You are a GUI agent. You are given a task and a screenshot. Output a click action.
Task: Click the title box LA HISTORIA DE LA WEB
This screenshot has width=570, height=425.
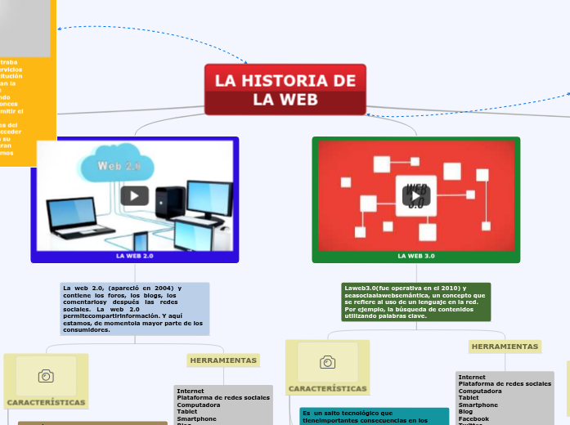click(285, 90)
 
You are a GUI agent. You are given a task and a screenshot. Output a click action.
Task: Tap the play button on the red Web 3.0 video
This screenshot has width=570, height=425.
click(416, 195)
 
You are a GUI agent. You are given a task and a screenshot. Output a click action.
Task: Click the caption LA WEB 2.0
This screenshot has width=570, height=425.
click(134, 256)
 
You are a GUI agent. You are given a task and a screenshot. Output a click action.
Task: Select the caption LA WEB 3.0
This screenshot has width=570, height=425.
click(415, 256)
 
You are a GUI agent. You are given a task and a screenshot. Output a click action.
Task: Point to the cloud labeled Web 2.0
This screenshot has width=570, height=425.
click(119, 163)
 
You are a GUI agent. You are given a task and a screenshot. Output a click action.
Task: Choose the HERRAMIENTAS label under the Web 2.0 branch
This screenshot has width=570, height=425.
click(223, 360)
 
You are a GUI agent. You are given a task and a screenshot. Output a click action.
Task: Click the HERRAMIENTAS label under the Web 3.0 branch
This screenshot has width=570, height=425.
click(505, 347)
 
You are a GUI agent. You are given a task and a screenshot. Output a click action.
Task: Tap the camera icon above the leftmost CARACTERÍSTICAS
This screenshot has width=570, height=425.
click(46, 376)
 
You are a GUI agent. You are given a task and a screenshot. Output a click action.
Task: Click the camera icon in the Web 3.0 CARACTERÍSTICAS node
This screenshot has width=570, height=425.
click(327, 362)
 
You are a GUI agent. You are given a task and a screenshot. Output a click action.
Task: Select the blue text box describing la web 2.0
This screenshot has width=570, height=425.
click(135, 309)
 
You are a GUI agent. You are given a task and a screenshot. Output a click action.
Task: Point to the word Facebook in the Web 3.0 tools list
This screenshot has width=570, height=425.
click(474, 418)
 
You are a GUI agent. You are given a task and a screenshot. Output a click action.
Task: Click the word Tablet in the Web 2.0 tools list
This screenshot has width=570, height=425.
click(187, 411)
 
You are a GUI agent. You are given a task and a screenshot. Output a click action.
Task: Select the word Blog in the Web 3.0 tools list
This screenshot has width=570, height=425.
click(465, 412)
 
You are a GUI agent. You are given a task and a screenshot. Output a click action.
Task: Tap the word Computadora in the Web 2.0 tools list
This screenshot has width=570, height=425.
click(198, 405)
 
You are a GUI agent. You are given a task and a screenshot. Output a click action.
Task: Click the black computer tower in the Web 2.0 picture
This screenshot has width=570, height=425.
click(171, 204)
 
